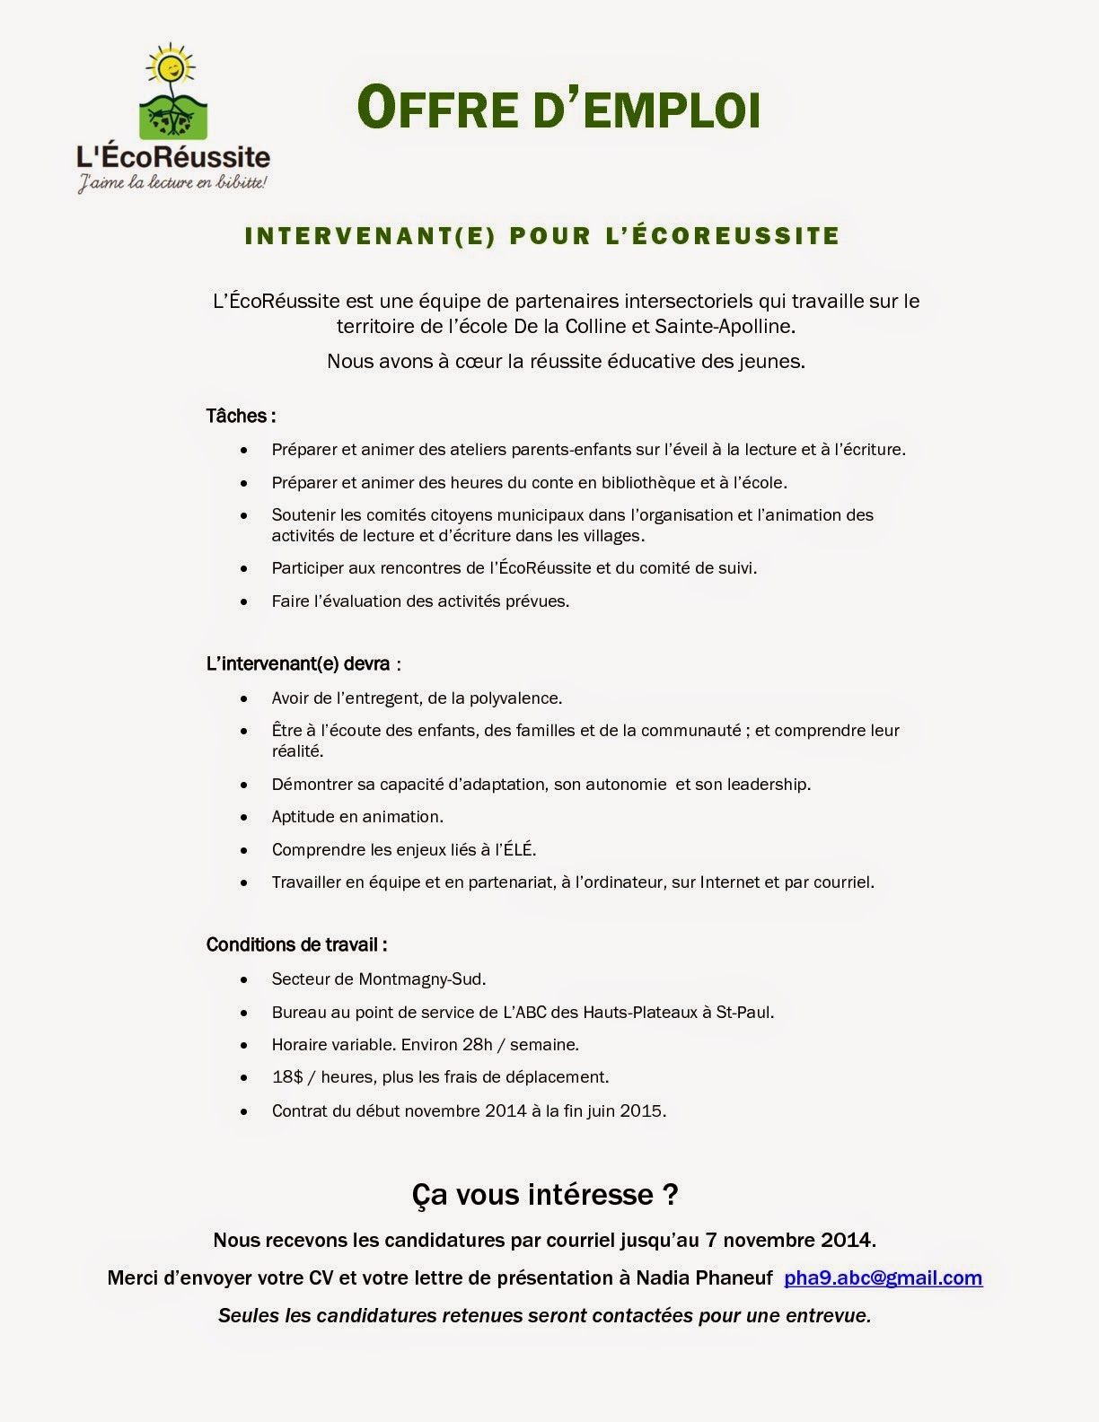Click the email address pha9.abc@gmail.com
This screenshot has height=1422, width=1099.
pos(883,1277)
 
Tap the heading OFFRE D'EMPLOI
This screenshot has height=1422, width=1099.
pos(558,108)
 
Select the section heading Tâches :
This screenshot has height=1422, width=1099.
pos(241,416)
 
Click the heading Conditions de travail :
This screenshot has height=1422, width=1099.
pos(296,944)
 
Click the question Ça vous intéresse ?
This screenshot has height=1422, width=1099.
pos(545,1194)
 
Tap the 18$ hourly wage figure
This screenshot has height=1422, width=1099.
pos(287,1076)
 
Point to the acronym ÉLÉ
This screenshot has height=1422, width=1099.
pos(517,849)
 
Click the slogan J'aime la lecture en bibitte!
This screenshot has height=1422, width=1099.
pos(171,183)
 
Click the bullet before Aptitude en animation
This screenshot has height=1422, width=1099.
pos(245,817)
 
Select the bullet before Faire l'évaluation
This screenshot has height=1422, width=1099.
pos(245,601)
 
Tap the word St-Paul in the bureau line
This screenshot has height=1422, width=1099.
pos(743,1012)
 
